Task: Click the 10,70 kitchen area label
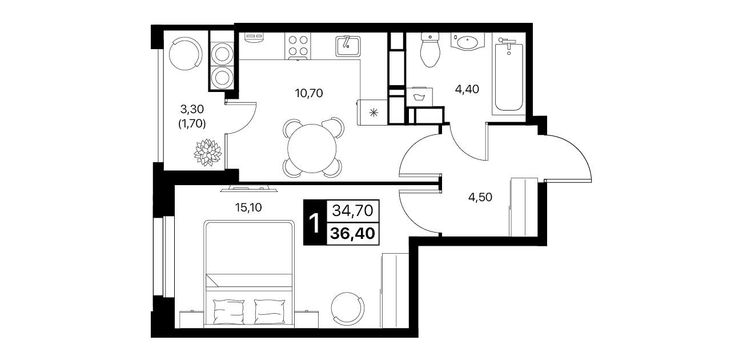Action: [309, 93]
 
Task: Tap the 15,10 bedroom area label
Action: [248, 207]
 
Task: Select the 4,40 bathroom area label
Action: [467, 89]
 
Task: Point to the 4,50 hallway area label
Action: [480, 197]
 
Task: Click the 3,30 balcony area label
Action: [192, 109]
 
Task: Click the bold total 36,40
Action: [352, 234]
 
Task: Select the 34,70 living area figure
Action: [352, 211]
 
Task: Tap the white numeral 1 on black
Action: [314, 223]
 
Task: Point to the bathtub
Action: [509, 74]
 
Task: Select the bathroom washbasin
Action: [468, 42]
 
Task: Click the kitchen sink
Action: [348, 46]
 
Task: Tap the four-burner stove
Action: [298, 46]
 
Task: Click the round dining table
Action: [312, 149]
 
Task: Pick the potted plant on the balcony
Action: [208, 153]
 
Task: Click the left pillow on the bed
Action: [228, 311]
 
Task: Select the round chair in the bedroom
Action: [348, 309]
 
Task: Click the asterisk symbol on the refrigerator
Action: [374, 113]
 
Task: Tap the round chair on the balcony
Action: [186, 53]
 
